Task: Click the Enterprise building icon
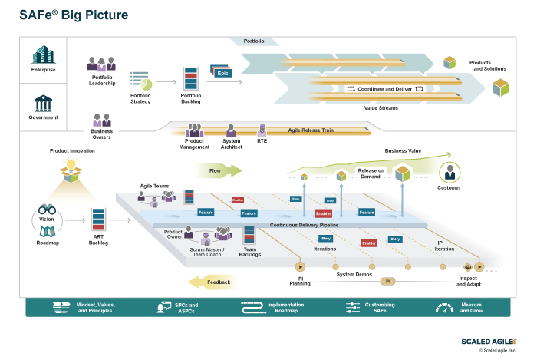click(44, 55)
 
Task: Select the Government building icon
click(44, 103)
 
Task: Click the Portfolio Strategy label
click(140, 98)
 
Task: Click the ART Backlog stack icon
click(98, 220)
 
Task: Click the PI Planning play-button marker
click(300, 267)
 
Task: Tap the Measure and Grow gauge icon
click(444, 308)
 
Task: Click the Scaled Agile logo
click(488, 341)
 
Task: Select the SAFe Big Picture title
click(74, 15)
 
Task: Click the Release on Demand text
click(371, 173)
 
